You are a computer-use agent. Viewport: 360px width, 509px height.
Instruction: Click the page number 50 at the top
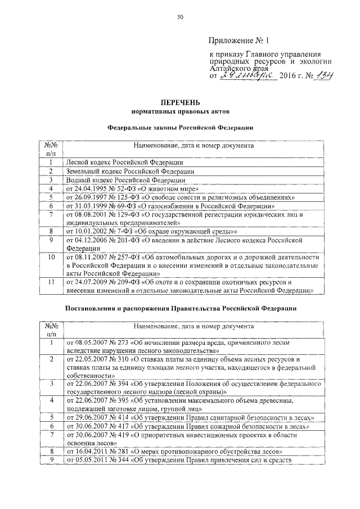(180, 17)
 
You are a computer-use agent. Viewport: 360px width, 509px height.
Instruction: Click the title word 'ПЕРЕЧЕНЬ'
(180, 102)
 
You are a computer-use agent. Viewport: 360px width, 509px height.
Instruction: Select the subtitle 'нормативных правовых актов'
(180, 111)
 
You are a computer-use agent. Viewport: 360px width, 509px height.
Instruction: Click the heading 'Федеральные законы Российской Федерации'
(180, 128)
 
